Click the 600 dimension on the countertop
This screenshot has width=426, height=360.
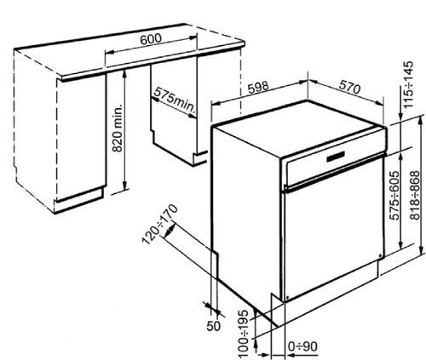[x=151, y=40]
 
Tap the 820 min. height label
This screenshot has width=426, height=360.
[x=118, y=128]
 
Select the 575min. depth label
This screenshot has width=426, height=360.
[x=175, y=101]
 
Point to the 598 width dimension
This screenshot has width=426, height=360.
[x=258, y=87]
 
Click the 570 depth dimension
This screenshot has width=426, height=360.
[x=349, y=88]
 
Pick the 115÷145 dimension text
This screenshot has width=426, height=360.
[x=409, y=84]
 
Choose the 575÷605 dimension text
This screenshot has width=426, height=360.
[x=395, y=195]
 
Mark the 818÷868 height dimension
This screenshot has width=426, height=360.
[x=416, y=195]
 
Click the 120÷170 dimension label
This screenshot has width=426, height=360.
[x=160, y=224]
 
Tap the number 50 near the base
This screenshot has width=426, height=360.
[x=213, y=326]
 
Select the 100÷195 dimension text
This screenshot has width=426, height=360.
[x=244, y=334]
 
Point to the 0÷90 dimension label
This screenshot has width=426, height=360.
[x=302, y=346]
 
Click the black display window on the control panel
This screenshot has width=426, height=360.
[x=336, y=157]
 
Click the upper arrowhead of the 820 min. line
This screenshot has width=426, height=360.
[x=124, y=73]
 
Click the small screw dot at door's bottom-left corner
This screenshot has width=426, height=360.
[x=287, y=298]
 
